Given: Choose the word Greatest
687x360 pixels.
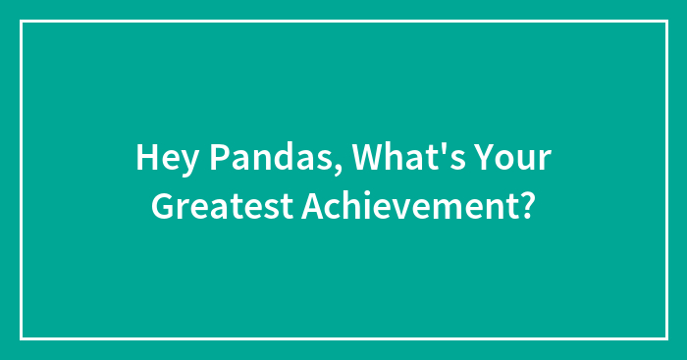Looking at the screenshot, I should [x=211, y=206].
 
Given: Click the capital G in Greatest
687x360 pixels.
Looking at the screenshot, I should [x=162, y=206].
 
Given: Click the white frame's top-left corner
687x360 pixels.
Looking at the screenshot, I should [x=22, y=22].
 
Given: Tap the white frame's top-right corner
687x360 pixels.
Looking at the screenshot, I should [x=665, y=22].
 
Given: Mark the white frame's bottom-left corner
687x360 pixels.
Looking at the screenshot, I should [x=22, y=338].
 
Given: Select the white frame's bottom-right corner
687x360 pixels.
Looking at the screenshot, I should [x=665, y=338].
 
